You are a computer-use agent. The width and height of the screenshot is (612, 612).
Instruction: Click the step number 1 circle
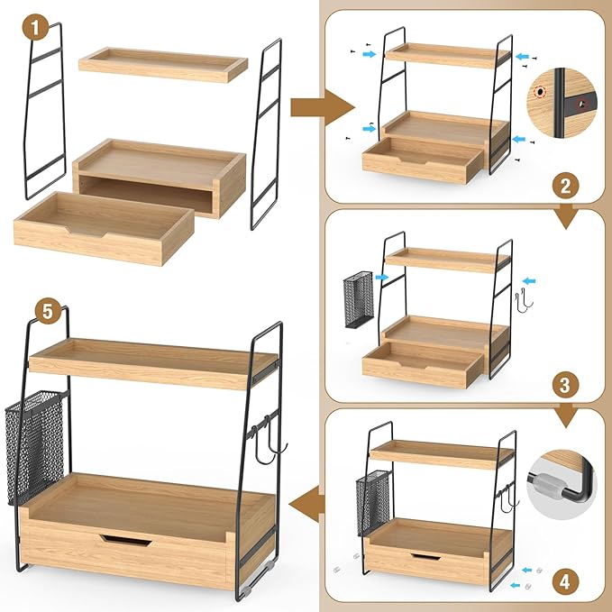coord(35,27)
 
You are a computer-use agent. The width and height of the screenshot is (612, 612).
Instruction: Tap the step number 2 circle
coord(565,187)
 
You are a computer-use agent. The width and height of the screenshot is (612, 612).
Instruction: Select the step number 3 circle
coord(565,385)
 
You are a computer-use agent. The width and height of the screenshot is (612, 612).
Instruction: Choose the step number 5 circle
coord(48,312)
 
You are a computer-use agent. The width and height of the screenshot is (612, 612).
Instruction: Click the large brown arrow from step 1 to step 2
coord(322,108)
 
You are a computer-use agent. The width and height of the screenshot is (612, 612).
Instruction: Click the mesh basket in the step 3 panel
coord(359,299)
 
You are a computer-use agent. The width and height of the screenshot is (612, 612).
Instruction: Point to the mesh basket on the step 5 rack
coord(35,447)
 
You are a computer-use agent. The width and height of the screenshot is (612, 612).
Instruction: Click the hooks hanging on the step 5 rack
coord(268,440)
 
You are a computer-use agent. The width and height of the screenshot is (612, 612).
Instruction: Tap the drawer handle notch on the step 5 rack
coord(125,540)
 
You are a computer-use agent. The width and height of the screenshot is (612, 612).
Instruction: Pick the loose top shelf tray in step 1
coord(163,65)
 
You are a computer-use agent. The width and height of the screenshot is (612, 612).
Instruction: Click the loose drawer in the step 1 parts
coord(104,227)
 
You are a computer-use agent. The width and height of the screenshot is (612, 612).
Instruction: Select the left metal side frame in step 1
coord(44,111)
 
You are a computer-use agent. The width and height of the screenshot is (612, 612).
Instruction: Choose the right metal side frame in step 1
coord(266,134)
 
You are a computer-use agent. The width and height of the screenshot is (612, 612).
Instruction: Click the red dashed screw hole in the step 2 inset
coord(540,92)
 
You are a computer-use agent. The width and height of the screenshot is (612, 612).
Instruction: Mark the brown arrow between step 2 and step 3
coord(565,216)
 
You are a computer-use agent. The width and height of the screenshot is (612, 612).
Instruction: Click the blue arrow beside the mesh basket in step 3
coord(382,278)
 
